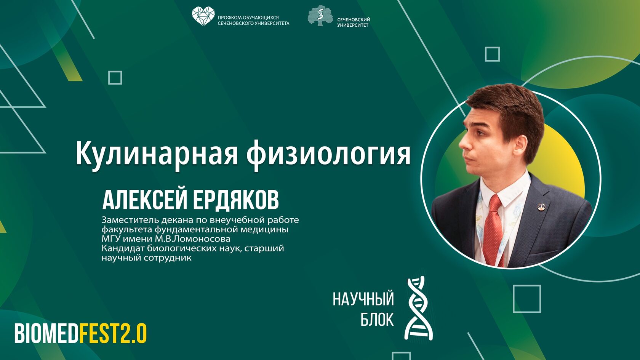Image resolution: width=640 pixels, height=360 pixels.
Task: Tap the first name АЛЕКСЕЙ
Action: coord(144,200)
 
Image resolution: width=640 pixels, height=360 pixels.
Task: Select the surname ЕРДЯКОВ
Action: coord(236,200)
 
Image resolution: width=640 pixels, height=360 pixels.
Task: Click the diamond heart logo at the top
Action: coord(203,16)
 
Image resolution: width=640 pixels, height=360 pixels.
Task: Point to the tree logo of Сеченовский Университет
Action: coord(320,16)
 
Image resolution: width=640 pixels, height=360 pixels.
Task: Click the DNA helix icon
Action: coord(419,308)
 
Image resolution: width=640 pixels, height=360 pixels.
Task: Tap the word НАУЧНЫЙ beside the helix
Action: coord(363,299)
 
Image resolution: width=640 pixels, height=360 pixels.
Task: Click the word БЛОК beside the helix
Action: coord(377,319)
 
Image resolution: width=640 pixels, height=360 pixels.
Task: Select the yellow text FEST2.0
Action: coord(113,333)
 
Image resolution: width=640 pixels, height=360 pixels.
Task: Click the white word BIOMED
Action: coord(46,333)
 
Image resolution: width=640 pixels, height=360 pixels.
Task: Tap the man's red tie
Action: coord(494,229)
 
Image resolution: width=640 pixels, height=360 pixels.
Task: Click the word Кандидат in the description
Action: coord(123,248)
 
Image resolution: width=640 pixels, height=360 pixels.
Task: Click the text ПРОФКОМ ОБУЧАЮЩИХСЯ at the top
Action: coord(248,18)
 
